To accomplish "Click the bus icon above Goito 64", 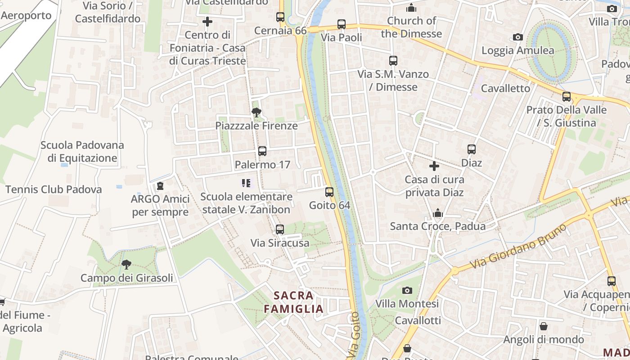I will pyautogui.click(x=329, y=192).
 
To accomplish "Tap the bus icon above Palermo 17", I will pyautogui.click(x=262, y=151).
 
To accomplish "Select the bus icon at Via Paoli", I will pyautogui.click(x=342, y=24).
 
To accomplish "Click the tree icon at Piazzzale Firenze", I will pyautogui.click(x=256, y=112).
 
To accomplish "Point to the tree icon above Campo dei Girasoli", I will pyautogui.click(x=126, y=265).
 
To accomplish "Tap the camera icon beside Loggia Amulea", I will pyautogui.click(x=518, y=37).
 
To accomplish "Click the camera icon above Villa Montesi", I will pyautogui.click(x=407, y=291).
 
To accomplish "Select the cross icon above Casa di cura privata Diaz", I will pyautogui.click(x=434, y=166).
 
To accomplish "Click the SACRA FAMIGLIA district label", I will pyautogui.click(x=293, y=302).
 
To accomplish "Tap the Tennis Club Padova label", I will pyautogui.click(x=54, y=189).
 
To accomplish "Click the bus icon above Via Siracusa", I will pyautogui.click(x=280, y=229).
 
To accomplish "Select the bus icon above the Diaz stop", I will pyautogui.click(x=472, y=149).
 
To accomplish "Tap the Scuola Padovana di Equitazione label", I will pyautogui.click(x=82, y=152).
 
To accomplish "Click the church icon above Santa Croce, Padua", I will pyautogui.click(x=438, y=213).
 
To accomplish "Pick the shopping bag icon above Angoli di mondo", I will pyautogui.click(x=544, y=326).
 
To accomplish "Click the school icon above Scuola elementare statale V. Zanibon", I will pyautogui.click(x=246, y=183).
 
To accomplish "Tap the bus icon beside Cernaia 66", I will pyautogui.click(x=280, y=17).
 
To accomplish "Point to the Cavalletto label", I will pyautogui.click(x=506, y=88).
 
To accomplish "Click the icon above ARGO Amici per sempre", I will pyautogui.click(x=160, y=186).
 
